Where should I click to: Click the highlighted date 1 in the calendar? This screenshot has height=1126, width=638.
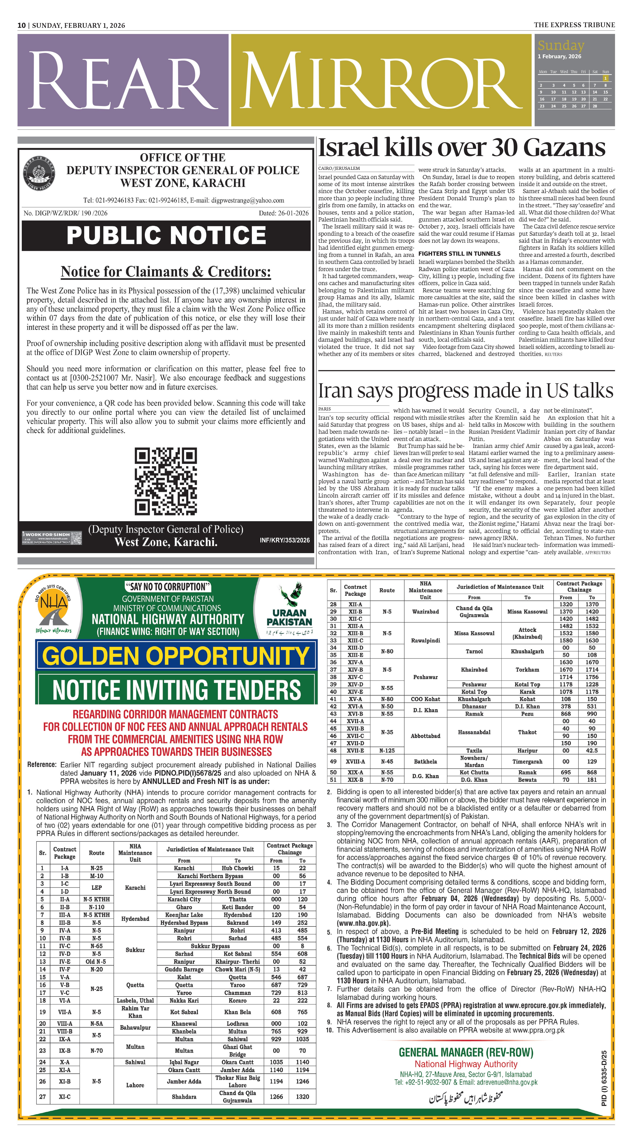tap(605, 78)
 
